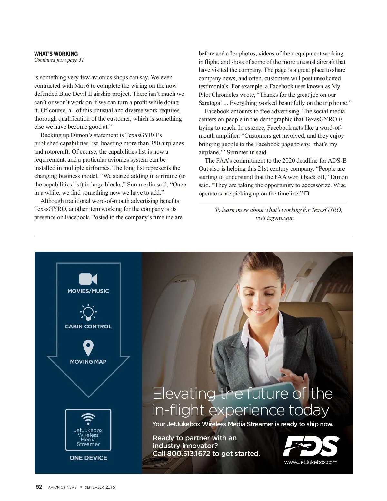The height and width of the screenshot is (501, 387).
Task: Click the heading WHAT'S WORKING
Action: pos(56,54)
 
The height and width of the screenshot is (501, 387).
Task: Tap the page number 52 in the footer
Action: pos(39,487)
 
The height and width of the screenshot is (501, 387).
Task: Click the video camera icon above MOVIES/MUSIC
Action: pos(88,279)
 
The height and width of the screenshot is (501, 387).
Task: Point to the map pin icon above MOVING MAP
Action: pos(88,348)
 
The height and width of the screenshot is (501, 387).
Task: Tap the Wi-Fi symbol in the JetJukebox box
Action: pos(88,419)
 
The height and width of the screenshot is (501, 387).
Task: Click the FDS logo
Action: pos(311,446)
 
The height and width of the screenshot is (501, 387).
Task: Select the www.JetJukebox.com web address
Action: pos(311,462)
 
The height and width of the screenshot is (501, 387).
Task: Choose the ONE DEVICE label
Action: pos(88,458)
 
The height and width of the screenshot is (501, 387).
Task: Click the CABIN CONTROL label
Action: pos(88,326)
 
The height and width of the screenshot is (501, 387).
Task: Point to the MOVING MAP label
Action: pos(88,362)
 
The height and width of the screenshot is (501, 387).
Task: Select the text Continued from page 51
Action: pos(59,60)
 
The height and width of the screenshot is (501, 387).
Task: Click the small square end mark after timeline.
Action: pos(306,194)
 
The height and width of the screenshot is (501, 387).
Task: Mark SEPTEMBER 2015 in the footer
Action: pos(100,487)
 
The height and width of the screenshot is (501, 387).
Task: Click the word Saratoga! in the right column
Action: pos(210,103)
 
